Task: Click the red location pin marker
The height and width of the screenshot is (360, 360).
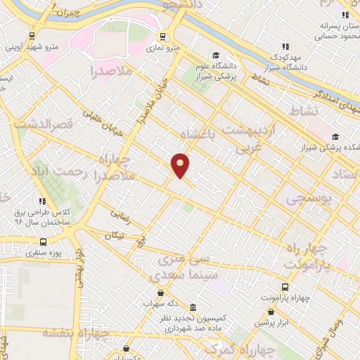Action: (181, 165)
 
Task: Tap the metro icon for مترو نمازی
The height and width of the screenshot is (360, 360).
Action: (163, 37)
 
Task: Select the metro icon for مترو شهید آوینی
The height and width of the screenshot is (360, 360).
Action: (32, 37)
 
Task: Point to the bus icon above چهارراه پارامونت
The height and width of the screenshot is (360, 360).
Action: (285, 287)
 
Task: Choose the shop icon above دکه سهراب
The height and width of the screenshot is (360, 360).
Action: (161, 293)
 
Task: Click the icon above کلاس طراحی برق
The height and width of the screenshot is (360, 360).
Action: (43, 201)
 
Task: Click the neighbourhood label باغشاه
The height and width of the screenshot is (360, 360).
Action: (199, 134)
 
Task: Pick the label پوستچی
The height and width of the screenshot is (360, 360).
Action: (307, 199)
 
